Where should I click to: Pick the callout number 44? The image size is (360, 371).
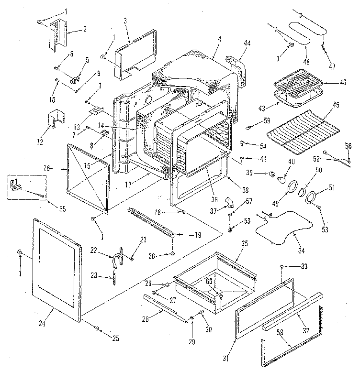tap(247, 43)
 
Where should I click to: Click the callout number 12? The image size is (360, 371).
tap(40, 142)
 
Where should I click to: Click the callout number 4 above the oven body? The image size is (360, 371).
tap(218, 38)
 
